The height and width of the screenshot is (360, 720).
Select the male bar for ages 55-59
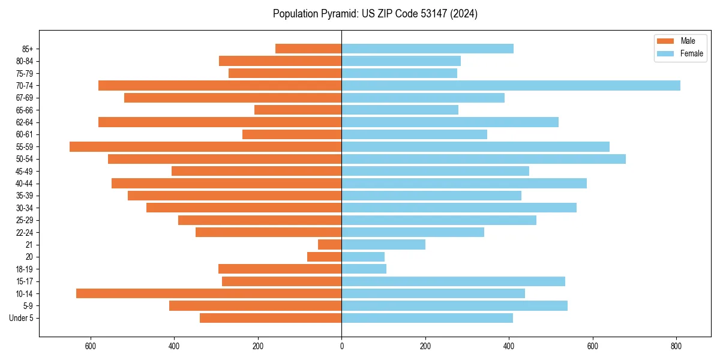(x=205, y=146)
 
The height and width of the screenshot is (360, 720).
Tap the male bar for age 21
(x=329, y=244)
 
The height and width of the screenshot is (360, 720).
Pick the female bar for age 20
(x=363, y=257)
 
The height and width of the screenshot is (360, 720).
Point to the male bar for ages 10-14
(x=209, y=293)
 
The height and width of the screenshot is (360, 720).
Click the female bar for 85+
(x=427, y=49)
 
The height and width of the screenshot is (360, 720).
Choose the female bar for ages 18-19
(x=364, y=269)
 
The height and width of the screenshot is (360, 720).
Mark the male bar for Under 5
(x=271, y=318)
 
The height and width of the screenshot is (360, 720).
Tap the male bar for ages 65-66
(x=298, y=110)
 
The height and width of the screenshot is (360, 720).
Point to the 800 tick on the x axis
(x=676, y=346)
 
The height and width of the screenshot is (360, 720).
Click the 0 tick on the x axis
(x=341, y=346)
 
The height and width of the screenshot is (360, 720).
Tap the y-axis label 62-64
(x=25, y=122)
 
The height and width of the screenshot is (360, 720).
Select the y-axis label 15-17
(x=25, y=281)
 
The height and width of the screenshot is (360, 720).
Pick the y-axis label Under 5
(x=22, y=318)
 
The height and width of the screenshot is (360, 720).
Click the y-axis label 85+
(x=28, y=49)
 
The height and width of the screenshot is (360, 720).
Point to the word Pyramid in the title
(x=336, y=14)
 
